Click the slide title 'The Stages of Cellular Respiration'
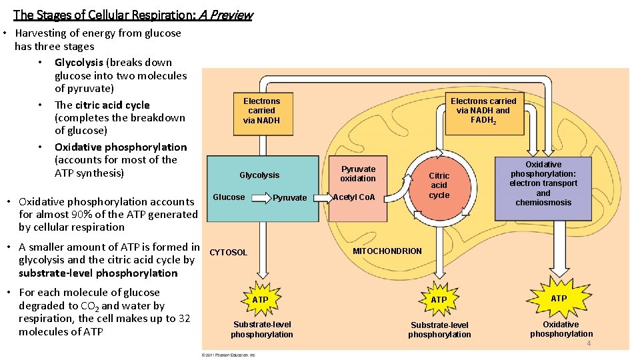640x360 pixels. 133,14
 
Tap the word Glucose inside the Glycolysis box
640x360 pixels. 229,197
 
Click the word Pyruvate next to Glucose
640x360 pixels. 290,198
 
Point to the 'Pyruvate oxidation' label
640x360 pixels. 358,174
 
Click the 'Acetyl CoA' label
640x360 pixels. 354,197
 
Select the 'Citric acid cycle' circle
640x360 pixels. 439,185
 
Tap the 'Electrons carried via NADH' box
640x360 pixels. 261,111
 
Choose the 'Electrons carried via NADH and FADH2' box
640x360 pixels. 483,111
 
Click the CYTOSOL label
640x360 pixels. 229,253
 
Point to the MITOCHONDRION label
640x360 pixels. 387,251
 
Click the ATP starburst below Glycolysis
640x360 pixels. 261,300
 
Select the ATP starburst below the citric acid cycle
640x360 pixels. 439,300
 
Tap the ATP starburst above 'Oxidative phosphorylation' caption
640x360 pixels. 559,299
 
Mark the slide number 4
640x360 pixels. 589,343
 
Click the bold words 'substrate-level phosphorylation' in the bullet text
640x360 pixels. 98,273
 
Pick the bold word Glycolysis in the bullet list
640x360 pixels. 79,63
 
